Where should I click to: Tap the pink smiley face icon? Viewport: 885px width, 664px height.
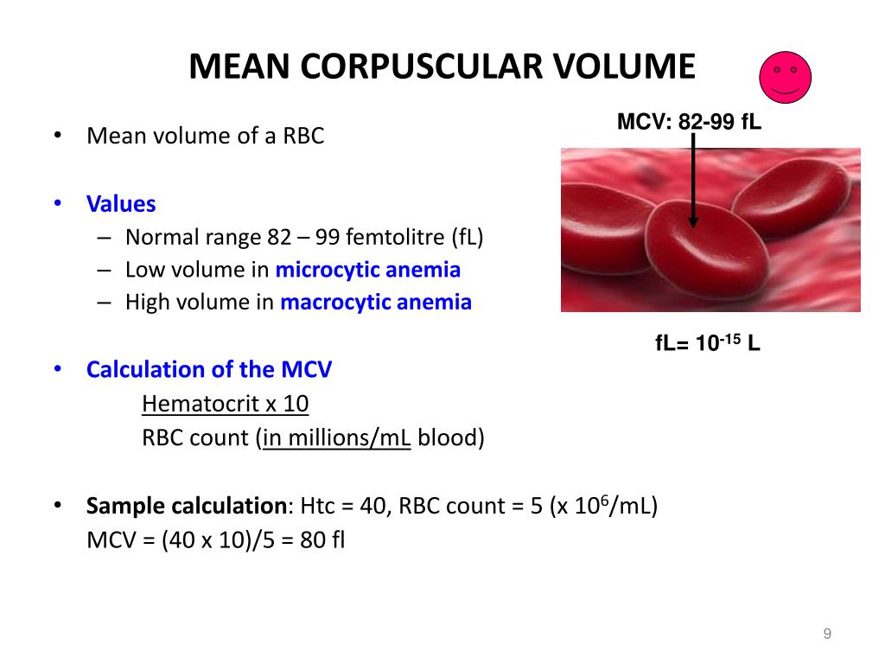(x=785, y=77)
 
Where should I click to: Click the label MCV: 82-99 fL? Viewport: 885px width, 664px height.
(x=689, y=121)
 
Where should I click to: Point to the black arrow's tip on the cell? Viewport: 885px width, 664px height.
(x=693, y=227)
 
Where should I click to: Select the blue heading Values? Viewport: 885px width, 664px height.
(x=121, y=204)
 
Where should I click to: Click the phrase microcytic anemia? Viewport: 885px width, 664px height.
(x=368, y=270)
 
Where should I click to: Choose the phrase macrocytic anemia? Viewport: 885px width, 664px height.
(x=376, y=302)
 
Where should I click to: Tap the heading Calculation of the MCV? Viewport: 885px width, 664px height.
(x=209, y=369)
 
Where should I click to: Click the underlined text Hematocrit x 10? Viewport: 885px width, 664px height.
(x=226, y=404)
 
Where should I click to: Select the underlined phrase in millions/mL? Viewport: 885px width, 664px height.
(x=336, y=438)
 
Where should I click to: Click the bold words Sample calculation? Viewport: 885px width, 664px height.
(x=187, y=506)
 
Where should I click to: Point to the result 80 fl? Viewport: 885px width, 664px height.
(x=322, y=539)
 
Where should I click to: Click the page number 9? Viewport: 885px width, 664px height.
(x=827, y=634)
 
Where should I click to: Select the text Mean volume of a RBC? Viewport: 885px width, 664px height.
(x=206, y=136)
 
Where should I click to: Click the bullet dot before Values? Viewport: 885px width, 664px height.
(x=58, y=202)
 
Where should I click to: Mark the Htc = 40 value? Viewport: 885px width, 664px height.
(x=343, y=506)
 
